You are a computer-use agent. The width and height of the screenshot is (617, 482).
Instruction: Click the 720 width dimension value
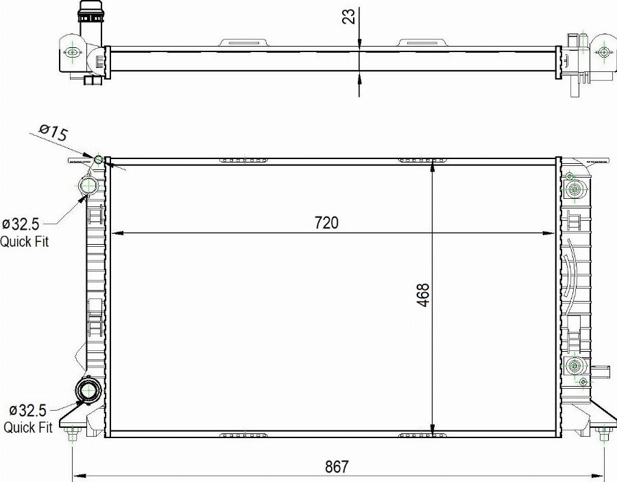(327, 222)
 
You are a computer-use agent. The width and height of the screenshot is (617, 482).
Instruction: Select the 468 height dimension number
(423, 295)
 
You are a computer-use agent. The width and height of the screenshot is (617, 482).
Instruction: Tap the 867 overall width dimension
(337, 466)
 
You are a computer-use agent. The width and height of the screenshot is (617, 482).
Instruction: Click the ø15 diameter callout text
(53, 132)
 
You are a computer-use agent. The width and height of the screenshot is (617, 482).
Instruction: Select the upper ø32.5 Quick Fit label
(25, 232)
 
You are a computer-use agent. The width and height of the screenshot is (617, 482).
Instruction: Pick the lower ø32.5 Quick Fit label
(28, 419)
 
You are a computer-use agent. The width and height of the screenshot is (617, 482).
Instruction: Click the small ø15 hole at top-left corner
(99, 160)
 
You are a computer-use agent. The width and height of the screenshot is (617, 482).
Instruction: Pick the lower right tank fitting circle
(574, 366)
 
